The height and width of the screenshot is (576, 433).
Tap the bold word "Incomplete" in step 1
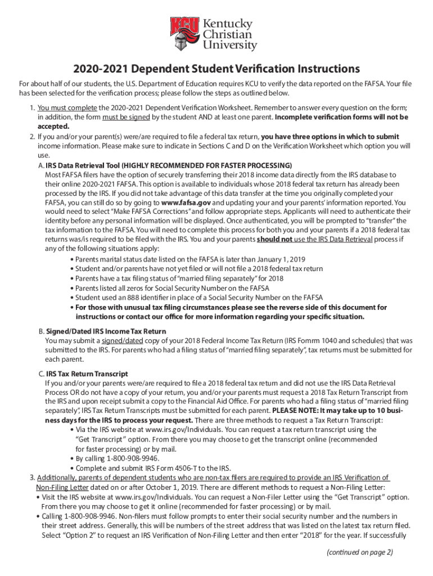coord(296,117)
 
